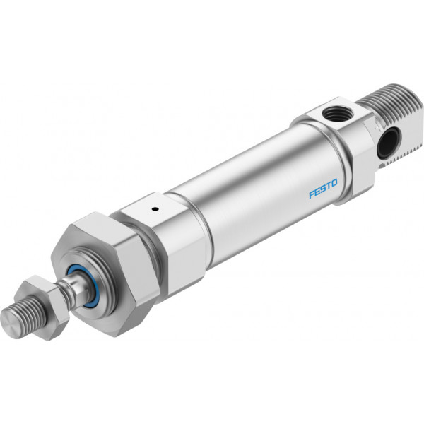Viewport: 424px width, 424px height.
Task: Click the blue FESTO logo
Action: click(x=323, y=188)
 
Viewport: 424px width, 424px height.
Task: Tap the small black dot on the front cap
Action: click(x=155, y=208)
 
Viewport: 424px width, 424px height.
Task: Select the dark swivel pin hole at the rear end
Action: click(x=388, y=143)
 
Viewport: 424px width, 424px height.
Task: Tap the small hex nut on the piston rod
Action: click(x=43, y=307)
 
